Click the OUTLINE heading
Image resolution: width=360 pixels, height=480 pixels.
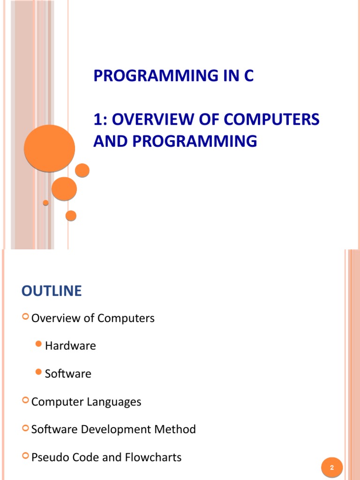[x=52, y=291]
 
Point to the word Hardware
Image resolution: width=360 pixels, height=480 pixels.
[x=70, y=346]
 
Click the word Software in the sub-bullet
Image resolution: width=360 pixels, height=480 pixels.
[x=68, y=374]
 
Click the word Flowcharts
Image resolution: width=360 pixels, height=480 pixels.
[x=155, y=457]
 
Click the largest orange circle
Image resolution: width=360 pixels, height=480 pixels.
[x=49, y=148]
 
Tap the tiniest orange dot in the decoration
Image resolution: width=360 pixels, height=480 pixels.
[x=45, y=203]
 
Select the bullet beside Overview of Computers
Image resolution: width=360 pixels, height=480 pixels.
[x=25, y=318]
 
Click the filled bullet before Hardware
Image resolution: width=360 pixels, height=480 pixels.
[x=39, y=345]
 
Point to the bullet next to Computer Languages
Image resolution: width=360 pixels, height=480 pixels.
[x=25, y=401]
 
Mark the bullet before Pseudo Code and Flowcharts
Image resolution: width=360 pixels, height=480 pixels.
[x=25, y=457]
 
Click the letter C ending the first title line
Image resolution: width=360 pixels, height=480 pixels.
[x=248, y=76]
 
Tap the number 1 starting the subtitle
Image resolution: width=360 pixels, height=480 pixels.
[x=97, y=119]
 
